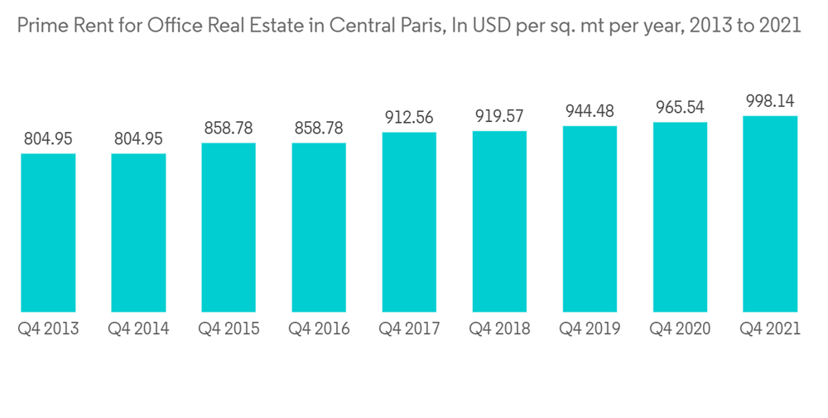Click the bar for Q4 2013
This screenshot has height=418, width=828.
click(48, 232)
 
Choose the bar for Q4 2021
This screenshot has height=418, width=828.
click(770, 214)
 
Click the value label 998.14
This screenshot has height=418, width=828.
click(770, 101)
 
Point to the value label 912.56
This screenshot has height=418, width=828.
click(409, 118)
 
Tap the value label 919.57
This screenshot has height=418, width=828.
click(499, 117)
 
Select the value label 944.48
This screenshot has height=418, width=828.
click(590, 111)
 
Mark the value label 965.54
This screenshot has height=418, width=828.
click(680, 107)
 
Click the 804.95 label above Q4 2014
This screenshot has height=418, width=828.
click(138, 139)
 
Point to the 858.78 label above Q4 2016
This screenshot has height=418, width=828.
click(319, 129)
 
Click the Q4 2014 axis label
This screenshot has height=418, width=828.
click(138, 329)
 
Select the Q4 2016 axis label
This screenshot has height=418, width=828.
click(319, 329)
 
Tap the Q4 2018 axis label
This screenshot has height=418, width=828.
click(499, 329)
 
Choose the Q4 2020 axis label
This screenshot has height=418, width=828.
click(680, 329)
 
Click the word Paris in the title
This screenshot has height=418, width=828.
click(420, 26)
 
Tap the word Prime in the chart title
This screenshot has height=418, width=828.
click(39, 26)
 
